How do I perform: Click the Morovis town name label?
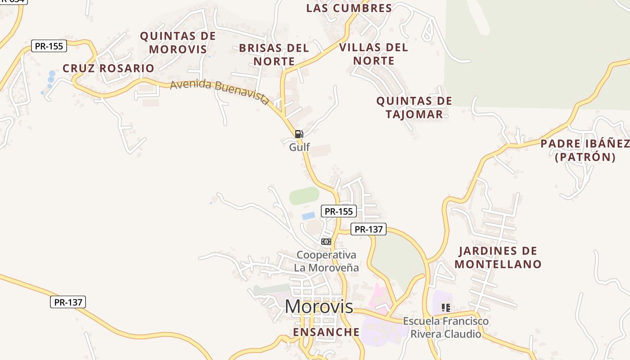(x=319, y=306)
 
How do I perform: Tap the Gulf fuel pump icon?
(x=299, y=134)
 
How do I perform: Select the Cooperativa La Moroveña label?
(x=327, y=261)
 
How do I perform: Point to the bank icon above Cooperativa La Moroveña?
(x=326, y=242)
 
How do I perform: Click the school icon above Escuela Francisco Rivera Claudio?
(x=445, y=308)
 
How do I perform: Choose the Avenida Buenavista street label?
(x=220, y=91)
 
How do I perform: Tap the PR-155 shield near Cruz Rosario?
(x=49, y=46)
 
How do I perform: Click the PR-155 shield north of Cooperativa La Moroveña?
(x=338, y=211)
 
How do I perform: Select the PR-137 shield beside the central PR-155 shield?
(x=369, y=229)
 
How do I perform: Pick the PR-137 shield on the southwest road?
(x=68, y=302)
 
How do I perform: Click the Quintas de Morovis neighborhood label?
(x=178, y=42)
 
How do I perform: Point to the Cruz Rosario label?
(x=108, y=68)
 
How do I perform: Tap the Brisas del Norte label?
(x=274, y=54)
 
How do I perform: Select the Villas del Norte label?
(x=373, y=54)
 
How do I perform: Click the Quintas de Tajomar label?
(x=414, y=108)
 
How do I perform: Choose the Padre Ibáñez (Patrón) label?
(x=585, y=150)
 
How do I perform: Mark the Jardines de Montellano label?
(x=498, y=257)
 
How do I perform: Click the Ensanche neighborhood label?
(x=326, y=332)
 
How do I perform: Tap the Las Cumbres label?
(x=349, y=8)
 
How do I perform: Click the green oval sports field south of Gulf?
(x=304, y=196)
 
